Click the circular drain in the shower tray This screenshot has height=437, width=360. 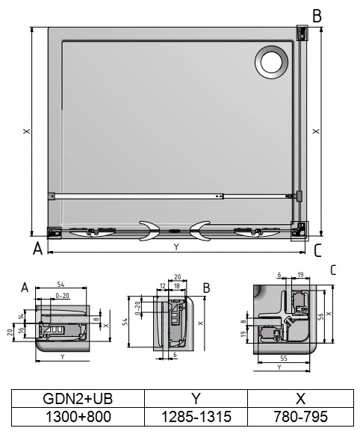point(271,61)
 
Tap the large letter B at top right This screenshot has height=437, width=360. point(317,16)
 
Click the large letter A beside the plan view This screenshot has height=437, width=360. point(37,248)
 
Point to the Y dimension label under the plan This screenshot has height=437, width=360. point(176,247)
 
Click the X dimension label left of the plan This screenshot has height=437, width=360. point(27,131)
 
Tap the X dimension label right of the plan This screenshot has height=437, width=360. point(316,131)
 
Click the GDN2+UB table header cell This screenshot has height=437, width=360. point(78,399)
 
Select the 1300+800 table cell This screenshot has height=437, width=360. point(78,417)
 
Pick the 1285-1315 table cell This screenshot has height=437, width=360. point(196,417)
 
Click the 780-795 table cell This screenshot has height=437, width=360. point(301,417)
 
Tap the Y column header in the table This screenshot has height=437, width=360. point(196,399)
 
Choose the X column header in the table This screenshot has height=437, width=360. point(301,399)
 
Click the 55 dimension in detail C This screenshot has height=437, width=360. point(284,358)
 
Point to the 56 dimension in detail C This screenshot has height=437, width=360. point(320,316)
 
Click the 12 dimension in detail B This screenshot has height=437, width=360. point(163,286)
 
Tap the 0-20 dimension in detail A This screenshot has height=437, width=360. point(63,295)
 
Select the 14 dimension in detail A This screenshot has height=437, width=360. point(22,317)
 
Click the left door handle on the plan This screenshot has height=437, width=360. point(149,231)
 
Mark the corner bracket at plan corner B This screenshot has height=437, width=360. point(302,33)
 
